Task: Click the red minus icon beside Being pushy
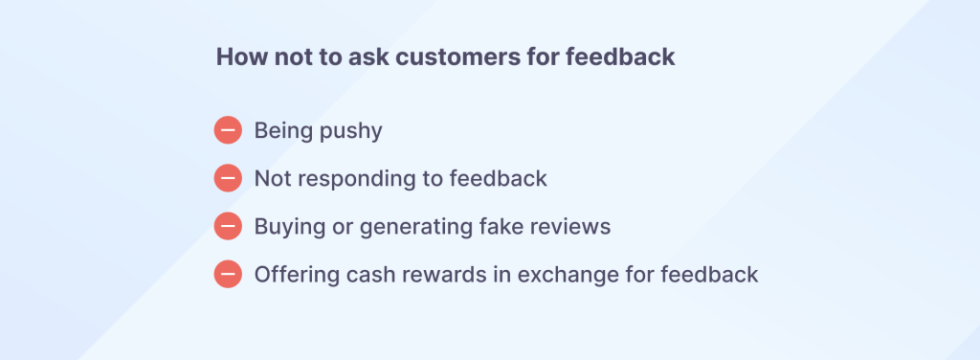(228, 130)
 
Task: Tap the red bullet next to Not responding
(228, 178)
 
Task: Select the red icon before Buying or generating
(228, 226)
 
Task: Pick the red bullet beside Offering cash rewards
(228, 274)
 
